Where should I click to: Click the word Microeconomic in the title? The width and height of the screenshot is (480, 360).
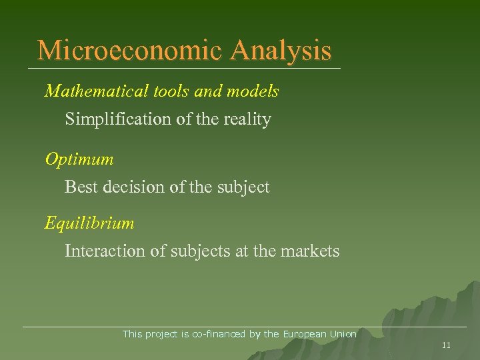tap(131, 51)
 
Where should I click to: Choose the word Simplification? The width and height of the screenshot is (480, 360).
tap(116, 120)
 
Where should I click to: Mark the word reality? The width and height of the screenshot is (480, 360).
tap(247, 120)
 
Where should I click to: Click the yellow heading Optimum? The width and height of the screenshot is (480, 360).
tap(79, 160)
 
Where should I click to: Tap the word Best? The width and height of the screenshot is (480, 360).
tap(79, 187)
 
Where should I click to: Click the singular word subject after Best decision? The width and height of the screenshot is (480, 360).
tap(243, 187)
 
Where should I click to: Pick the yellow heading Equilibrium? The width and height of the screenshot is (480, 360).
tap(89, 223)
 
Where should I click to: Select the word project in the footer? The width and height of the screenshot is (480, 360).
tap(161, 334)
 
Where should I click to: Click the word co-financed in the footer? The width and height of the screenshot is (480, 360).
tap(219, 334)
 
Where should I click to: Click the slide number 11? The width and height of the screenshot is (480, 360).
tap(447, 345)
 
